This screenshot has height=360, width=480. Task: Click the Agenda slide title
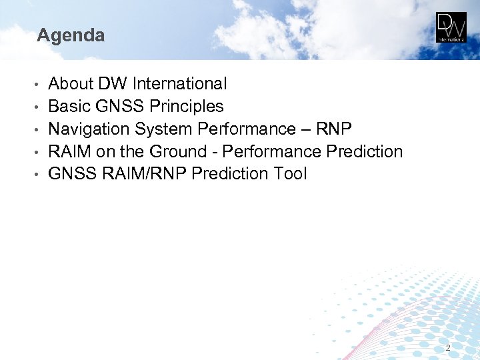pyautogui.click(x=71, y=35)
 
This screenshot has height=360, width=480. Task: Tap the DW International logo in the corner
pyautogui.click(x=451, y=27)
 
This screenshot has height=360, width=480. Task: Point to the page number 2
pyautogui.click(x=448, y=348)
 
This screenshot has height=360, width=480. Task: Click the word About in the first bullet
pyautogui.click(x=71, y=84)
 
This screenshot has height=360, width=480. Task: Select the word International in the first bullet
pyautogui.click(x=179, y=84)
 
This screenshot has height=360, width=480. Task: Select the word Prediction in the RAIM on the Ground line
pyautogui.click(x=365, y=152)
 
